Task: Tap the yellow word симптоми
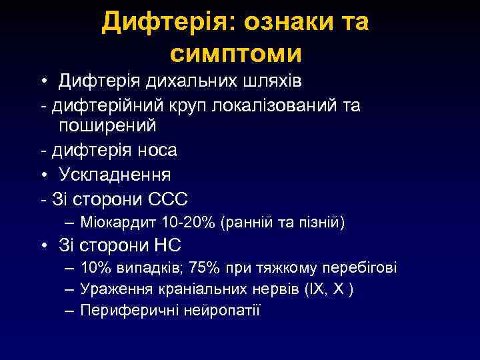(x=236, y=53)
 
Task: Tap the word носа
(x=157, y=151)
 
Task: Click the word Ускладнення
(x=115, y=175)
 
